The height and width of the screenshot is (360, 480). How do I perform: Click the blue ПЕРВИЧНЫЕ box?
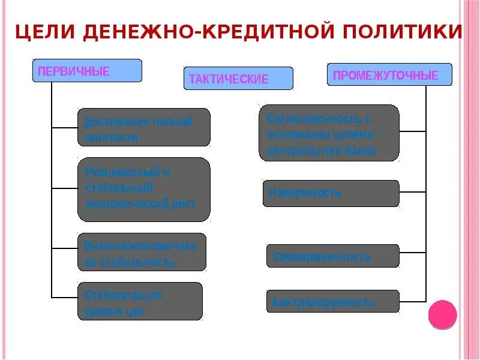click(87, 71)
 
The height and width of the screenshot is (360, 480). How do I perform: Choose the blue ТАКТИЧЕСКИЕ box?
click(238, 79)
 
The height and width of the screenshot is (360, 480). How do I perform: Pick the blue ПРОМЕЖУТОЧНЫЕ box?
click(389, 74)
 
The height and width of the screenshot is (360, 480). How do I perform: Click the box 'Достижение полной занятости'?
click(144, 127)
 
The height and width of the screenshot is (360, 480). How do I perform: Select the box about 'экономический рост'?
click(144, 189)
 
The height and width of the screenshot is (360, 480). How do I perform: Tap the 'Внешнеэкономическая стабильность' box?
click(142, 253)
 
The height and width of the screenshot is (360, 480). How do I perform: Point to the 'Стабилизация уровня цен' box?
click(140, 301)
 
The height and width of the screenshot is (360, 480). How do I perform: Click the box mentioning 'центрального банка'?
click(329, 133)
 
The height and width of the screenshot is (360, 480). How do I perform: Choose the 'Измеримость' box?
click(331, 193)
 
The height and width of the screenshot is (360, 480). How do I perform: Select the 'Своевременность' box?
click(332, 256)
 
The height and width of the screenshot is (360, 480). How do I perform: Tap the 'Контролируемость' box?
click(332, 301)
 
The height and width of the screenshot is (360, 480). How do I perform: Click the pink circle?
click(442, 315)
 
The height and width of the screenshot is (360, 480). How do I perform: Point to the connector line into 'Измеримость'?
click(413, 193)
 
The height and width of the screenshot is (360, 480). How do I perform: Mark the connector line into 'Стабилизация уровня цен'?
click(64, 297)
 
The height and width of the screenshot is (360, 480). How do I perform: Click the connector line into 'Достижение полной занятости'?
click(64, 127)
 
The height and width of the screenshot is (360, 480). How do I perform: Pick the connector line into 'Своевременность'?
click(413, 256)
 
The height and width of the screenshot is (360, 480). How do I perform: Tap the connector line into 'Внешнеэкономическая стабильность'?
click(64, 248)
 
